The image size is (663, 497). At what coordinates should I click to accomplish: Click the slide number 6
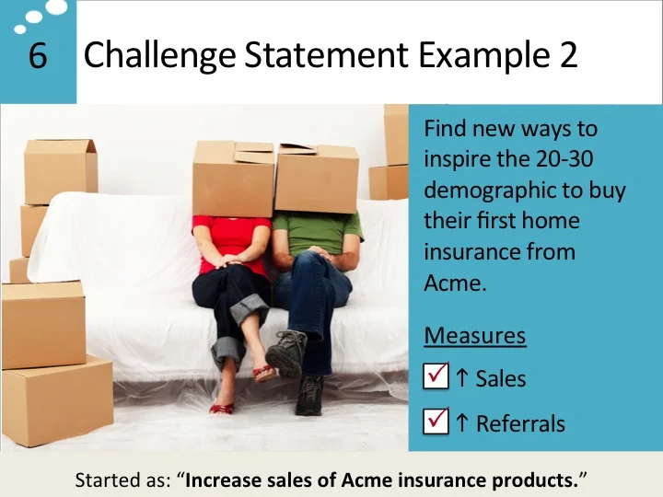(37, 57)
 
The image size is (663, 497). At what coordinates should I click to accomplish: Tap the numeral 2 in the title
(567, 56)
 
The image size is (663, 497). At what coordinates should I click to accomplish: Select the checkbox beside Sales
(436, 376)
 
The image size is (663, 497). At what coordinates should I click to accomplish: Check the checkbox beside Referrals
(436, 422)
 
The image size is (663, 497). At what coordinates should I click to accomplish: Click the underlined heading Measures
(474, 335)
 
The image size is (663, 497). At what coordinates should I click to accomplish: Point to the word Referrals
(520, 423)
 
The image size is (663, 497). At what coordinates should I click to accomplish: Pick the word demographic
(490, 191)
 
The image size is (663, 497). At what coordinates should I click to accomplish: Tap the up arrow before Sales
(462, 376)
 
